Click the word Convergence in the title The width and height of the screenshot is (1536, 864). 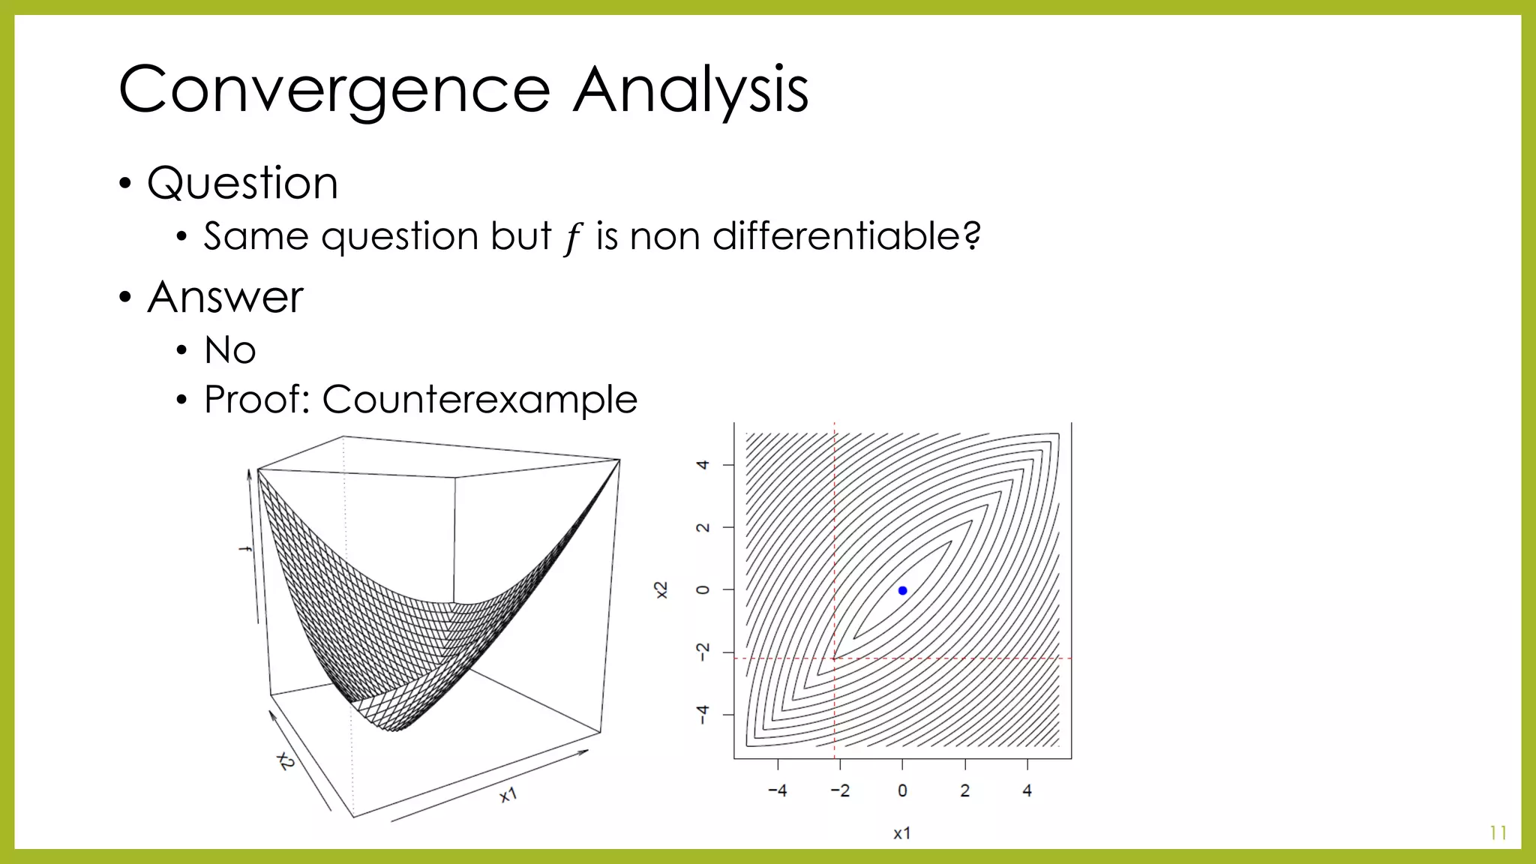334,90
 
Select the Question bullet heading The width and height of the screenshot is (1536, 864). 242,183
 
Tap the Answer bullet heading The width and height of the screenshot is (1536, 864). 225,297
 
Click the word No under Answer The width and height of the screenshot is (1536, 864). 229,350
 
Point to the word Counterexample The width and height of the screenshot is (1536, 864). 479,399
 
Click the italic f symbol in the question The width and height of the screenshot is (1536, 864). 573,238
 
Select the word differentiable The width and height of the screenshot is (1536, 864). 836,236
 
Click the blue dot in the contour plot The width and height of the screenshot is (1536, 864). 902,591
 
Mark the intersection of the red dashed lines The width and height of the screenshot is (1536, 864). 835,658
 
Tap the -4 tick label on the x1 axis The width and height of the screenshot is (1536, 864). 777,790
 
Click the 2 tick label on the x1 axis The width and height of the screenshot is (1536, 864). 964,790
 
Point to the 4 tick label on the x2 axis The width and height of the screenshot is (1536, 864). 703,465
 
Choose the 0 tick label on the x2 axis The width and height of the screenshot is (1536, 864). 703,590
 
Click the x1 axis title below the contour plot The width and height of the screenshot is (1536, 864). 902,833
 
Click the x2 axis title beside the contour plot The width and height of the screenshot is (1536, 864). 661,590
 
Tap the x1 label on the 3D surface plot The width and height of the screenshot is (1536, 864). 508,795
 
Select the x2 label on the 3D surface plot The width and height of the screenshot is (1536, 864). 286,760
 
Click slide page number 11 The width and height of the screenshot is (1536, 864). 1498,833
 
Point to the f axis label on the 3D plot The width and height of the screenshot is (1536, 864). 244,550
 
